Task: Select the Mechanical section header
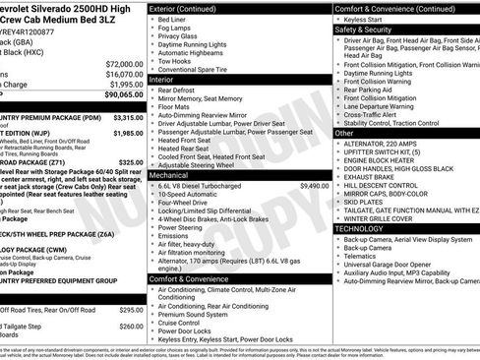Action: (172, 175)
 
